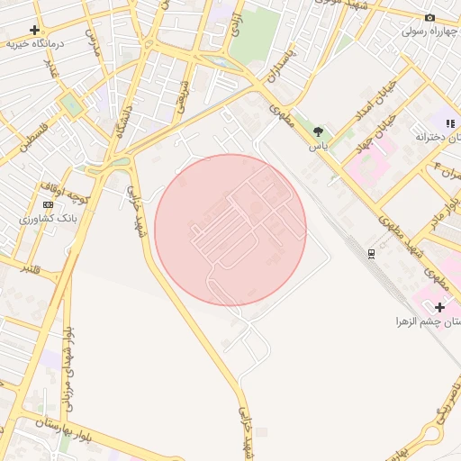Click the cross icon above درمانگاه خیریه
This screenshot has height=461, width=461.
(x=35, y=30)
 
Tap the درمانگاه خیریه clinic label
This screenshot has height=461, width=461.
(x=33, y=43)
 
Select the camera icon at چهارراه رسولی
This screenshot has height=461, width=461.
(x=429, y=18)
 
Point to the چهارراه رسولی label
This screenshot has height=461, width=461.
(x=424, y=31)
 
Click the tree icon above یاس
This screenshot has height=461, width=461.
(x=318, y=131)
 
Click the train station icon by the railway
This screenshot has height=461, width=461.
(x=371, y=253)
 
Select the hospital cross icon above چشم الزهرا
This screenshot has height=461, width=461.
(x=439, y=308)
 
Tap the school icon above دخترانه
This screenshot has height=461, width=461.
(x=450, y=122)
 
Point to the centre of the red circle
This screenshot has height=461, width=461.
(x=230, y=230)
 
